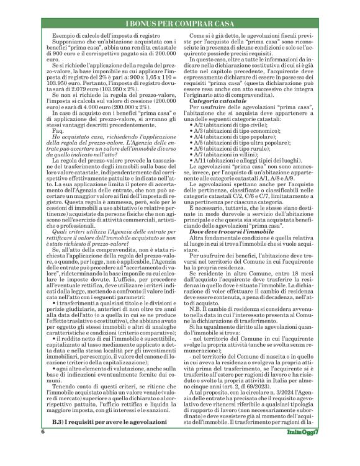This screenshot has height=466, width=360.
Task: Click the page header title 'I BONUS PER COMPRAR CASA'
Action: [180, 24]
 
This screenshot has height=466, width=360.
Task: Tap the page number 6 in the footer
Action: [43, 448]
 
